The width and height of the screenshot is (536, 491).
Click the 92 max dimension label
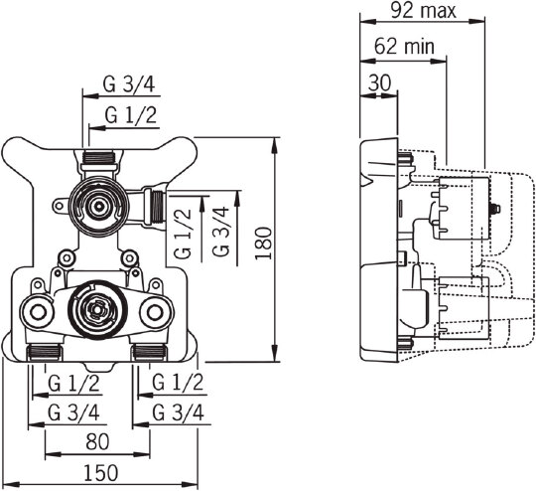coord(423,11)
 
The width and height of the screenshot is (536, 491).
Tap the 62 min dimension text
coord(404,47)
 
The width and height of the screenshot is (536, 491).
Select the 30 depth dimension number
coord(379,82)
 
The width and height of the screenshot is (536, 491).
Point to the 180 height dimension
coord(264,243)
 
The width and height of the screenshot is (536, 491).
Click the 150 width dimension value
coord(101,473)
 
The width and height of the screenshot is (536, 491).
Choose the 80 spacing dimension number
coord(97,441)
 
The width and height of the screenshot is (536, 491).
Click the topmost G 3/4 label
coord(129,84)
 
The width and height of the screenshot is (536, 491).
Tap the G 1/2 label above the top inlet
coord(131,115)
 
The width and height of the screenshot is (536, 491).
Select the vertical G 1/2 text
coord(183,234)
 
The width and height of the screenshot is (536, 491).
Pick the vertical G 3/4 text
coord(220,232)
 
